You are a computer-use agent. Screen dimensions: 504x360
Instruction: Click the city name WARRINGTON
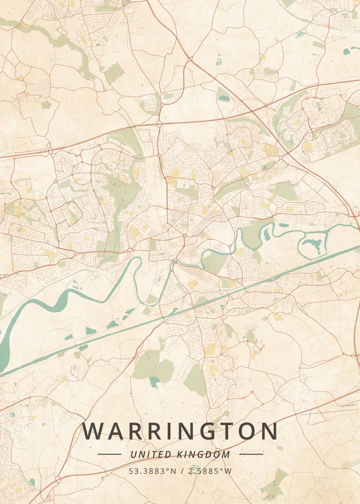[180, 431]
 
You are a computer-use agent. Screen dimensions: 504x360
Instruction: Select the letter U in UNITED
[133, 454]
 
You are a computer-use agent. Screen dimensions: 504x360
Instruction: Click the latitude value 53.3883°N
[152, 471]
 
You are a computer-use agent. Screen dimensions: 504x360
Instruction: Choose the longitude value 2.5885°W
[210, 471]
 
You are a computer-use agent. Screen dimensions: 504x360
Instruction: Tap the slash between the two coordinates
[182, 471]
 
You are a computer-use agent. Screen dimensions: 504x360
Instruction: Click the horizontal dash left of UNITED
[109, 454]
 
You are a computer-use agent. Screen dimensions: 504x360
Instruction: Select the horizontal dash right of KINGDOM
[251, 454]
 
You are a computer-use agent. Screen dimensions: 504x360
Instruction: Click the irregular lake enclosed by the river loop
[314, 244]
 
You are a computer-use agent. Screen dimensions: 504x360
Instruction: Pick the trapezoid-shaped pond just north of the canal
[91, 331]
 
